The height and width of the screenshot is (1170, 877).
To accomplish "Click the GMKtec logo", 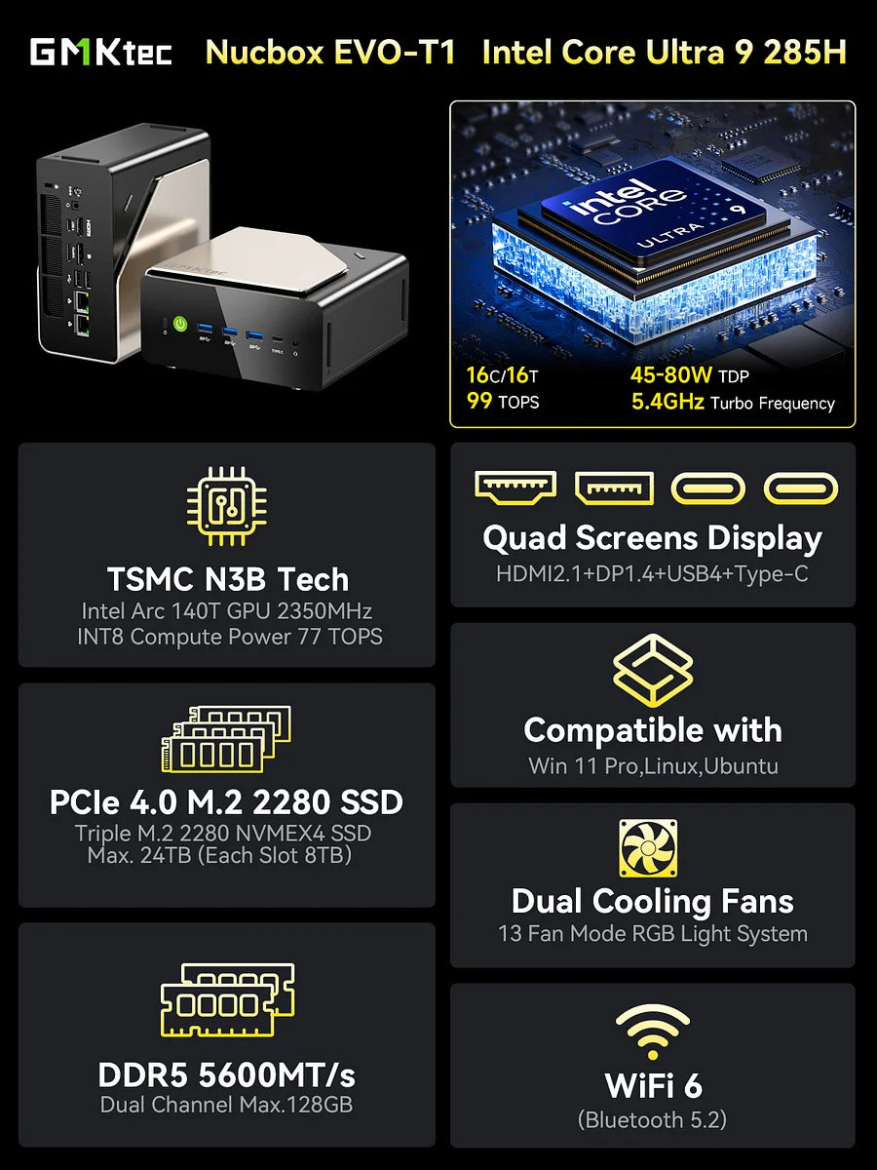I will (100, 52).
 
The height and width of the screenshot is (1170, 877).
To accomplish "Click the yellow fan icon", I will (648, 847).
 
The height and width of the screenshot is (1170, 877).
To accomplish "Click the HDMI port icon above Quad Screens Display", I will (515, 487).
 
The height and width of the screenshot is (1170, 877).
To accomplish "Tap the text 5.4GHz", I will (667, 402).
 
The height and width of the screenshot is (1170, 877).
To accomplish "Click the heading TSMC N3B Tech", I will (227, 579).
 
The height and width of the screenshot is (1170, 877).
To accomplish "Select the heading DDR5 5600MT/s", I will (226, 1074).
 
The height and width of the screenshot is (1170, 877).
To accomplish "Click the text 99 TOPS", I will (503, 402).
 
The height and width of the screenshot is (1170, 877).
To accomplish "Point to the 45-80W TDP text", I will (689, 374).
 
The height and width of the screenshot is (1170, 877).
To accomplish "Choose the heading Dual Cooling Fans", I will (652, 901).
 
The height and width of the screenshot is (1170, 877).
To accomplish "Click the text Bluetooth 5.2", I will (652, 1120).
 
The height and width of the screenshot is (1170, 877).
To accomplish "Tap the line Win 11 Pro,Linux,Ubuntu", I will (652, 765).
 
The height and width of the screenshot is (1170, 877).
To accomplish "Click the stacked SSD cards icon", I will (226, 740).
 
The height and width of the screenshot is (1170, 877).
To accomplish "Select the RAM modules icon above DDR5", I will (226, 999).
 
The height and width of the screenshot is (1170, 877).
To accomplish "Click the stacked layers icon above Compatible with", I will (652, 671).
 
